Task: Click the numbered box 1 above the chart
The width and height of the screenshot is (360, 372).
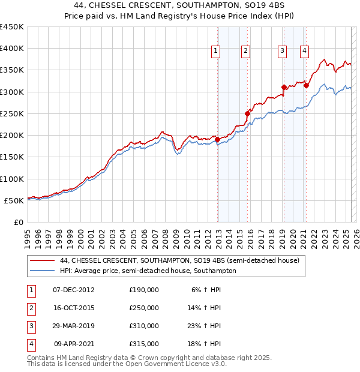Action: (215, 52)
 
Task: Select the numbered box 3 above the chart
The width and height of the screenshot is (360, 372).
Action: (281, 52)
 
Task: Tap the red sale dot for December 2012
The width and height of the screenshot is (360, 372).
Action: (217, 140)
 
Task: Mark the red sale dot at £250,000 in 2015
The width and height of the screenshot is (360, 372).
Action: (247, 113)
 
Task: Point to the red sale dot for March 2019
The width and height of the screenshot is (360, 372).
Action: (284, 88)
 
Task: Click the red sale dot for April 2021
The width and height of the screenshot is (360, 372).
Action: (306, 85)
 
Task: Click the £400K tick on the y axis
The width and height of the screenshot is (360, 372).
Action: (12, 49)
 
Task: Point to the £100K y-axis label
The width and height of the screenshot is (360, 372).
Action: (12, 179)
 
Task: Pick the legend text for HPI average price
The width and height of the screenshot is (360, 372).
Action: (148, 271)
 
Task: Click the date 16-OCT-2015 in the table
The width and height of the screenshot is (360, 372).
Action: (74, 308)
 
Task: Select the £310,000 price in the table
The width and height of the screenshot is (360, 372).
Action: (144, 327)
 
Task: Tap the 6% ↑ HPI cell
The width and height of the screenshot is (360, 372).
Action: (206, 290)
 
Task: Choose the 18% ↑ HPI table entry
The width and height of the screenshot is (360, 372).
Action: (206, 345)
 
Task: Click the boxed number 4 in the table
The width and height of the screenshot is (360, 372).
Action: (29, 345)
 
